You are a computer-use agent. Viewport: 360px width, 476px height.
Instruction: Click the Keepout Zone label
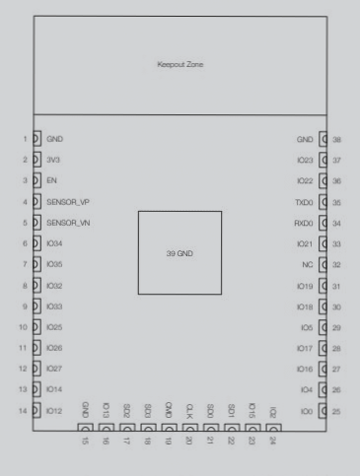point(180,65)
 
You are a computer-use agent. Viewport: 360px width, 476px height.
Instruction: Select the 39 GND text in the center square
point(180,252)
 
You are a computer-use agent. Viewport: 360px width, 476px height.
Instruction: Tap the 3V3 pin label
point(53,160)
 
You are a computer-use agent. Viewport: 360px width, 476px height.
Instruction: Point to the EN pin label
point(51,180)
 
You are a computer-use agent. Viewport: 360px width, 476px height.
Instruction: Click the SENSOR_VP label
point(68,201)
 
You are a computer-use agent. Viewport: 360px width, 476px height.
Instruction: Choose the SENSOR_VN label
point(68,223)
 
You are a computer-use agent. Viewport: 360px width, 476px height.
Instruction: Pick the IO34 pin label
point(55,243)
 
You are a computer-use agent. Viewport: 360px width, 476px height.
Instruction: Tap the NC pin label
point(308,264)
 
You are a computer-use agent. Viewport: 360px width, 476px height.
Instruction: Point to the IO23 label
point(305,160)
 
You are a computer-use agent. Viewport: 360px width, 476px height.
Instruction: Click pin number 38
point(337,140)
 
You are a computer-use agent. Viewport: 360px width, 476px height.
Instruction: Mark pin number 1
point(23,139)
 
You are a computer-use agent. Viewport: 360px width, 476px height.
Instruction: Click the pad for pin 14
point(36,410)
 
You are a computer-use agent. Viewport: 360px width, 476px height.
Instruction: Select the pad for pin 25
point(324,410)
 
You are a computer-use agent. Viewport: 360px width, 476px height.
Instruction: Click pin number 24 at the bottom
point(273,442)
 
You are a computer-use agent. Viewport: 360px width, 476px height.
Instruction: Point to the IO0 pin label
point(307,410)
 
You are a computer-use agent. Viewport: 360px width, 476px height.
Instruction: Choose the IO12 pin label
point(55,410)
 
